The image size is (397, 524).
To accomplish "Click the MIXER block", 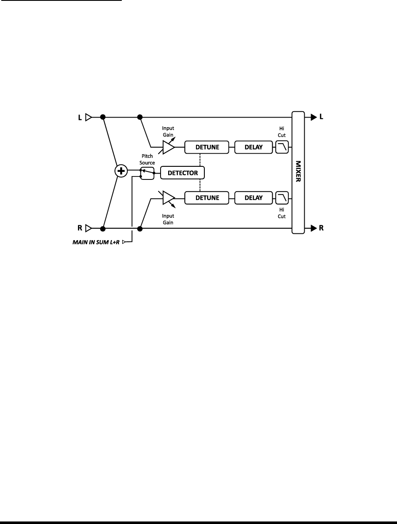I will [298, 172].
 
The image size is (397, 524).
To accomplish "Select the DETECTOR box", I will [182, 173].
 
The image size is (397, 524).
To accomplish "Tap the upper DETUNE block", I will [207, 147].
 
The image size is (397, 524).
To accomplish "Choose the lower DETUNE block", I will [207, 198].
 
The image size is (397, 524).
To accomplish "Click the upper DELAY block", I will [254, 147].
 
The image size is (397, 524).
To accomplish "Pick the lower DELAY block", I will [254, 198].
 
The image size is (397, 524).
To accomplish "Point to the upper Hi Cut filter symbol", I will [282, 147].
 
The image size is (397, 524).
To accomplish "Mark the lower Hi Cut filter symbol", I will [282, 198].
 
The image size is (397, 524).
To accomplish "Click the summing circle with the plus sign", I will [121, 171].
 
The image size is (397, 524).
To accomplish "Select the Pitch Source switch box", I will [147, 173].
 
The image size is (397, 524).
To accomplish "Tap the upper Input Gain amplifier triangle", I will [168, 147].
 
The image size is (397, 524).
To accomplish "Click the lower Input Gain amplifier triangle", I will [168, 198].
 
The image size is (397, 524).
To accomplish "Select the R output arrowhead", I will [314, 229].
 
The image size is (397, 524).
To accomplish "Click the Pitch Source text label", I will [148, 159].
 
